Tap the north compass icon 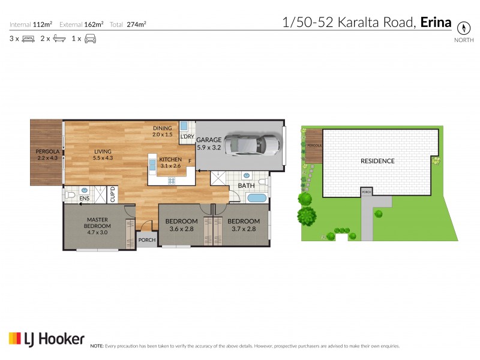click(463, 28)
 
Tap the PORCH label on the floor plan click(147, 240)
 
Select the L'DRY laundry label click(187, 137)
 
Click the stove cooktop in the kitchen click(172, 180)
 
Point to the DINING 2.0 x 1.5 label click(162, 131)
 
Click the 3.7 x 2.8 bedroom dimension click(244, 229)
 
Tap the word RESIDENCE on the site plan click(377, 161)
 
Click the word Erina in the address click(436, 23)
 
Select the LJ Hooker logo click(46, 339)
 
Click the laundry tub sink click(185, 126)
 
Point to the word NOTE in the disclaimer click(97, 346)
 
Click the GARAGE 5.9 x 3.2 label click(209, 143)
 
